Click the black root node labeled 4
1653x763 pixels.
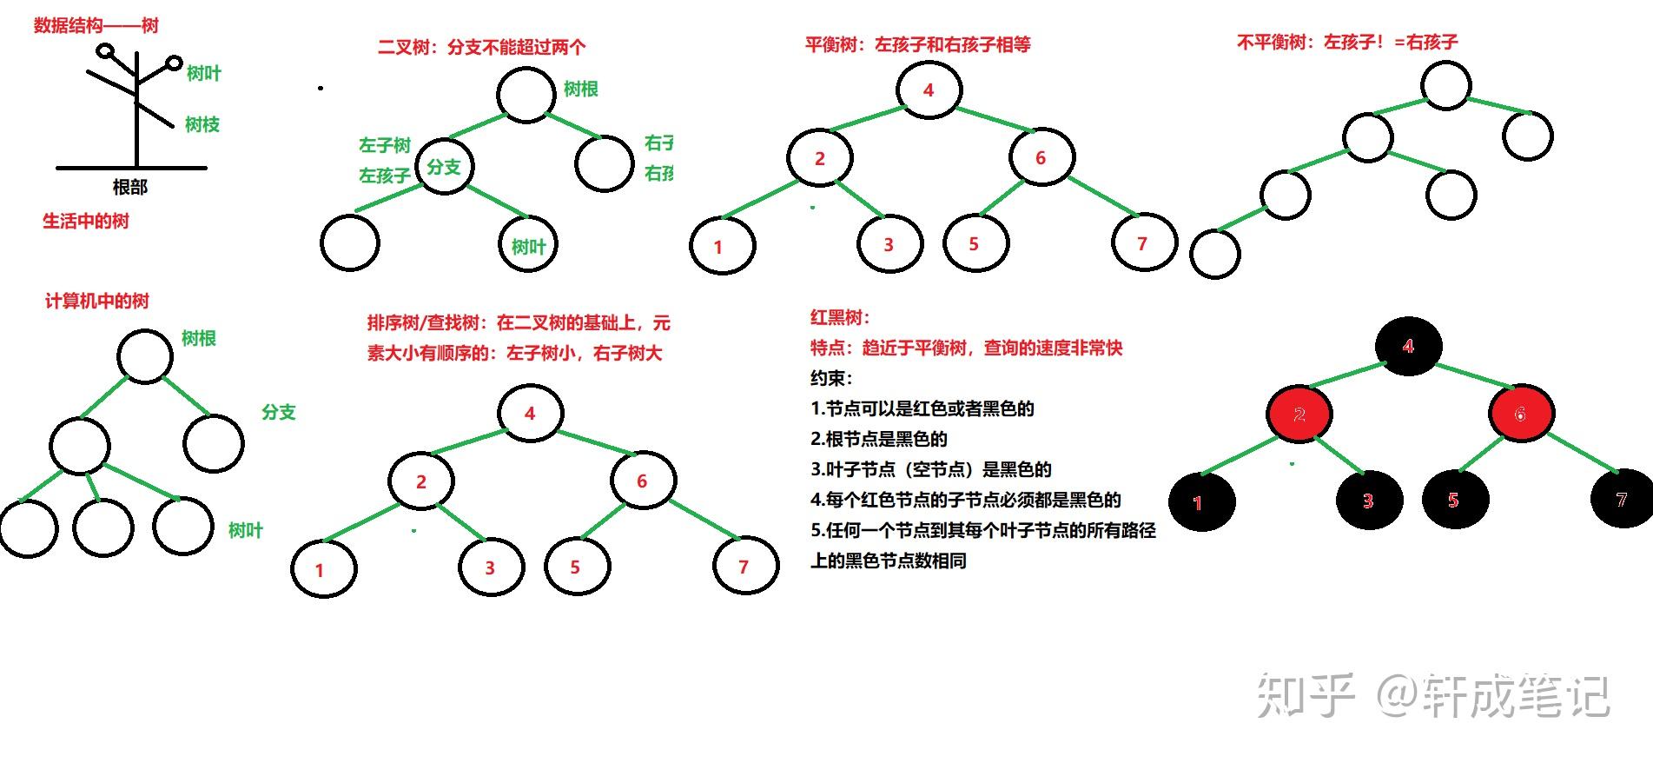pos(1408,346)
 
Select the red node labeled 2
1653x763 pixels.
pos(1299,415)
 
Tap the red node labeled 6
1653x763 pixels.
pos(1520,415)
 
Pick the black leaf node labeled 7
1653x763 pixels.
pos(1621,500)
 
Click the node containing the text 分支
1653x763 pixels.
pos(444,167)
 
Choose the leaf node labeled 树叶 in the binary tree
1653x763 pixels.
pos(527,246)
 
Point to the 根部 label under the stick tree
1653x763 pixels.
pos(130,187)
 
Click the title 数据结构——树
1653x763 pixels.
pos(96,25)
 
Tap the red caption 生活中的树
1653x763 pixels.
pos(86,221)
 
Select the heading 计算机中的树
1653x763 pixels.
pos(97,301)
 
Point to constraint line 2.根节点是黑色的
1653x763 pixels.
pos(879,439)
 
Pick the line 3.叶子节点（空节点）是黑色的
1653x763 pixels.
pos(931,469)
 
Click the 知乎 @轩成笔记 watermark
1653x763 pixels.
pos(1433,697)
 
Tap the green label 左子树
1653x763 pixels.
pos(385,145)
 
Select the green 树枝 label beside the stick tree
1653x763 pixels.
pos(202,125)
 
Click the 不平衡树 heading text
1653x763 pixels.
pos(1347,42)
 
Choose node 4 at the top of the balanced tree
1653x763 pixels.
pos(929,90)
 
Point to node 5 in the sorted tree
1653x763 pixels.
pos(575,567)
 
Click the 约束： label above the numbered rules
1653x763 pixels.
pos(831,378)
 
